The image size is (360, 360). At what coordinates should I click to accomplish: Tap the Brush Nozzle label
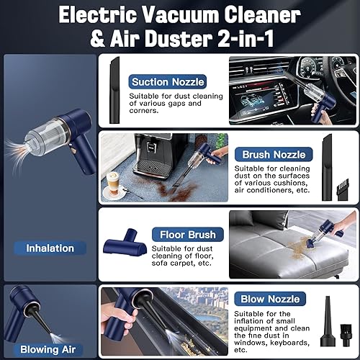point(274,154)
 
